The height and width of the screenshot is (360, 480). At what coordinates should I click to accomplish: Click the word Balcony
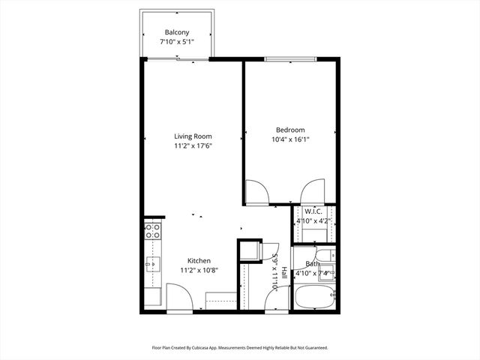[x=177, y=32]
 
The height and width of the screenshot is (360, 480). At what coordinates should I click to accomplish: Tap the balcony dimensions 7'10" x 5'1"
[x=177, y=43]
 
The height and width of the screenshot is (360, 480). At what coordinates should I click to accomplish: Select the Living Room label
[x=193, y=136]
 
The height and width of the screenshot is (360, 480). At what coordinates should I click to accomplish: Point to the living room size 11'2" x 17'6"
[x=193, y=146]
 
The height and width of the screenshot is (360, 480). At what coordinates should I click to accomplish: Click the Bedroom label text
[x=290, y=130]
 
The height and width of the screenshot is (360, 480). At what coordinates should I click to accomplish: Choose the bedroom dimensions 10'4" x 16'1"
[x=290, y=139]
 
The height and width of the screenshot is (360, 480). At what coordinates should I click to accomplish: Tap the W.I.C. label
[x=313, y=211]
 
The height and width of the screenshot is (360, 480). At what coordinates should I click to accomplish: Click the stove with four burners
[x=152, y=231]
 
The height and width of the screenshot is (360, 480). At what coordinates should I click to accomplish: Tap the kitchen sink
[x=151, y=264]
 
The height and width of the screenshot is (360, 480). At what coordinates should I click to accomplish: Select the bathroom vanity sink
[x=328, y=272]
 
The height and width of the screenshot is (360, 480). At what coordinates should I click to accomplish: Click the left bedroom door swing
[x=256, y=192]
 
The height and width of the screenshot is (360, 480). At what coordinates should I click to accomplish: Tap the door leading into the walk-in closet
[x=312, y=191]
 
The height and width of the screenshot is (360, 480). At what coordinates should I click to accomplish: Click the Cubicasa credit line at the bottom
[x=240, y=348]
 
